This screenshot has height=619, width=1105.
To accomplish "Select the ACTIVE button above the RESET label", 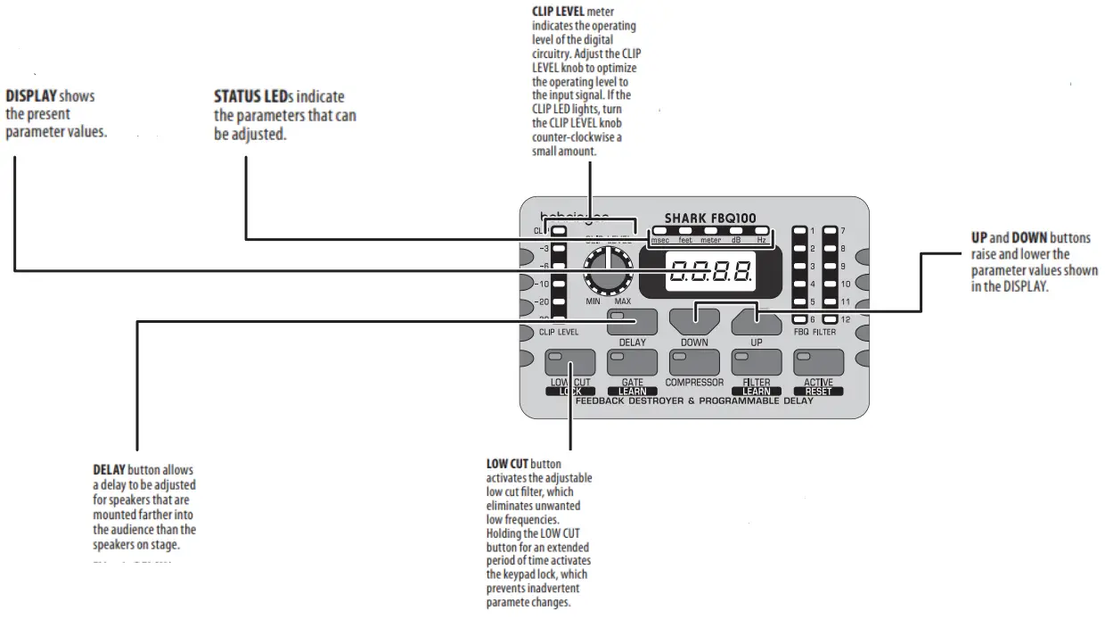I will tap(818, 363).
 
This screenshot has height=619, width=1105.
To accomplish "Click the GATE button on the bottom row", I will tap(632, 363).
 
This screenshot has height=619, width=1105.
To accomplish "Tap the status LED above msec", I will tap(660, 232).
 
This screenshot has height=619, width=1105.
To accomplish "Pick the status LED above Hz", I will tap(762, 232).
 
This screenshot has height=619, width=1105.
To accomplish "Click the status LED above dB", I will tap(736, 232).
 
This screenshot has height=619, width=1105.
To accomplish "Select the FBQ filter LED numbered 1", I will tap(798, 231).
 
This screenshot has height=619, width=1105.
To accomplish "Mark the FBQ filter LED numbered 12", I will tap(830, 318).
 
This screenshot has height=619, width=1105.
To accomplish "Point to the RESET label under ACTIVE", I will tap(818, 392).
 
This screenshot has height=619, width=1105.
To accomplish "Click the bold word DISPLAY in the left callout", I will tap(33, 95).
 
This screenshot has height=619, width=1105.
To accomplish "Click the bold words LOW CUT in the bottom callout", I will tap(507, 465).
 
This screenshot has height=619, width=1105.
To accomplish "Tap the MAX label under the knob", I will tap(622, 302).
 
